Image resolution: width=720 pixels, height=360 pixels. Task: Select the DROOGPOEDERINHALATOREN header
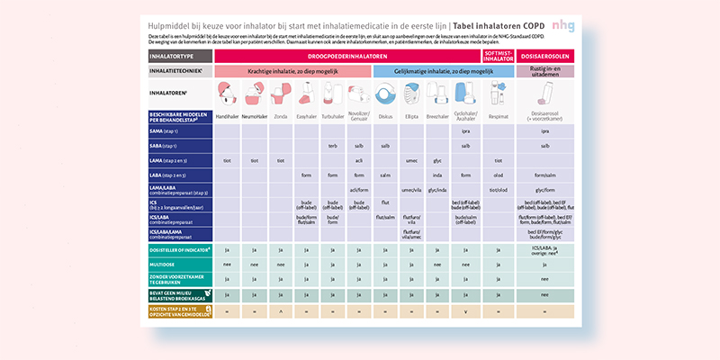point(346,56)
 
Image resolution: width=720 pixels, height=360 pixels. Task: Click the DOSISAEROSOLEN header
point(544,56)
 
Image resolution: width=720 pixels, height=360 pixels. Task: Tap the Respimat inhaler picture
point(498,94)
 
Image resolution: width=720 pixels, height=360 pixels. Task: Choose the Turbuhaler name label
point(332,117)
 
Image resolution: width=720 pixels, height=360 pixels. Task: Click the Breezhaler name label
point(437,117)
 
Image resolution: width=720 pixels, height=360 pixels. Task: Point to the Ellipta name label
point(411,117)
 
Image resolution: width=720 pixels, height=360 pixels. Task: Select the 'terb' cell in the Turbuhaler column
point(332,146)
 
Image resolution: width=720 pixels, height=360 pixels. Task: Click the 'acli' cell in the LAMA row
point(358,160)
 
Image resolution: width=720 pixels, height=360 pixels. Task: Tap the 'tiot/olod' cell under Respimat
point(498,190)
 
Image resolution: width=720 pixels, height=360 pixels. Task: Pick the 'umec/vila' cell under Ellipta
point(411,190)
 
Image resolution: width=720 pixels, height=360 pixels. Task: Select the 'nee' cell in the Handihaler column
point(227,265)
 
